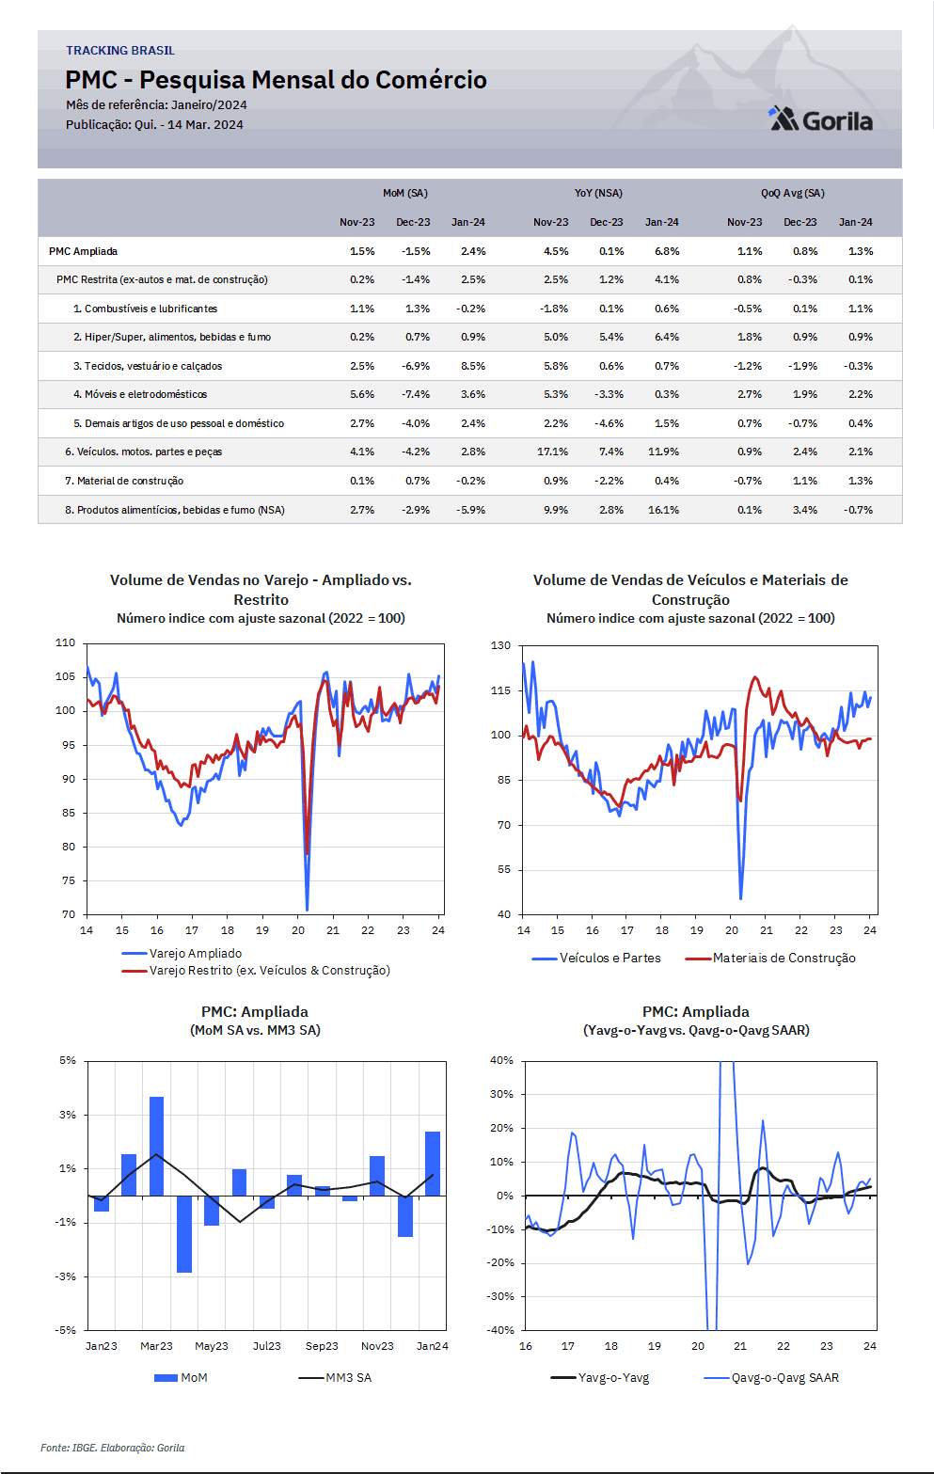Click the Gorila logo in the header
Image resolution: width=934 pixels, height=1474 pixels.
click(x=821, y=119)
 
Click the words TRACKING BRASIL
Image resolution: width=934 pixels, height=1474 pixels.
click(x=119, y=51)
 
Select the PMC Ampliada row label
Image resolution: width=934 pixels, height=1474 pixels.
click(x=83, y=251)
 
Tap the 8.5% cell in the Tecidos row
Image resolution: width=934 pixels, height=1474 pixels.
click(x=472, y=366)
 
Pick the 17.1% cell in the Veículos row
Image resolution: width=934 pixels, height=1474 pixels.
click(x=552, y=452)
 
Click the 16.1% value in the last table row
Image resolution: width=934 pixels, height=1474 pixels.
click(x=663, y=510)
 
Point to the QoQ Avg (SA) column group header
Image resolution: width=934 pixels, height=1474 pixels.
click(x=793, y=194)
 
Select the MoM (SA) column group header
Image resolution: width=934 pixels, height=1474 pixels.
click(x=405, y=194)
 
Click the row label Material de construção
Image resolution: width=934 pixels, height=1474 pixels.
click(x=124, y=481)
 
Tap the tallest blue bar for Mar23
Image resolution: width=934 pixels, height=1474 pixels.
click(x=157, y=1146)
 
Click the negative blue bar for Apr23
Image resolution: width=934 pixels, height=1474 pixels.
click(x=184, y=1234)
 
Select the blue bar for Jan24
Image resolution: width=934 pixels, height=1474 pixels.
click(x=433, y=1164)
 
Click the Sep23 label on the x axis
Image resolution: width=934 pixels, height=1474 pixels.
click(x=322, y=1346)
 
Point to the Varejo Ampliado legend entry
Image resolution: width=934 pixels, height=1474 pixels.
click(x=182, y=954)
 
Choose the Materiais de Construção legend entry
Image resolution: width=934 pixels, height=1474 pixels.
click(x=770, y=959)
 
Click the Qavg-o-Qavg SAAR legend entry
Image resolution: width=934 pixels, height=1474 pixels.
click(x=771, y=1378)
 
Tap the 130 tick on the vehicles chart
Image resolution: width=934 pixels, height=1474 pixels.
click(x=501, y=645)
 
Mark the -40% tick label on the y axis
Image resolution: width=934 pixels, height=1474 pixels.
click(x=500, y=1330)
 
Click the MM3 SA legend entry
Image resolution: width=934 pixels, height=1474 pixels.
click(x=335, y=1378)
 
